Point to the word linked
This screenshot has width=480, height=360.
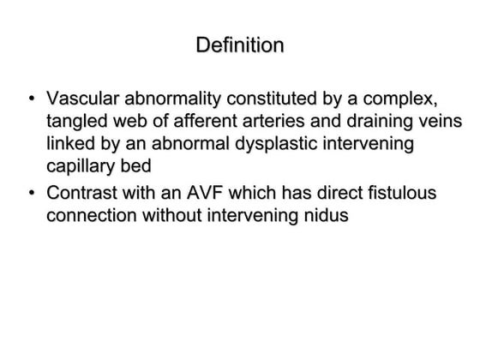coord(72,143)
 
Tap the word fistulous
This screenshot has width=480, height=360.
coord(400,192)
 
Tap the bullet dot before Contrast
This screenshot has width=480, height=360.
coord(32,193)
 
